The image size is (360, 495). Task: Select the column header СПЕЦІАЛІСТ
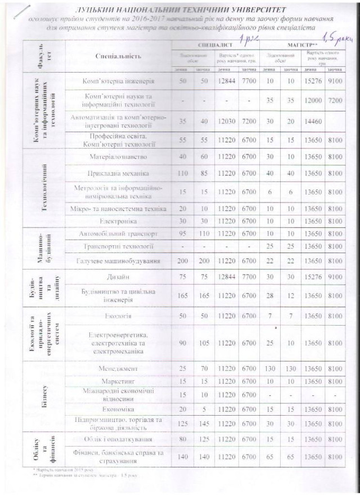pyautogui.click(x=212, y=43)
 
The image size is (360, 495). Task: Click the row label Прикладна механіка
pyautogui.click(x=119, y=174)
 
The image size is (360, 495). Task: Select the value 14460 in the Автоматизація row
pyautogui.click(x=311, y=120)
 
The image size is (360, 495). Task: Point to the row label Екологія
pyautogui.click(x=119, y=316)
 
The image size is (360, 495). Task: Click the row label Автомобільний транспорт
pyautogui.click(x=119, y=232)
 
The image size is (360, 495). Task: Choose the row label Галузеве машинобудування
pyautogui.click(x=119, y=261)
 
